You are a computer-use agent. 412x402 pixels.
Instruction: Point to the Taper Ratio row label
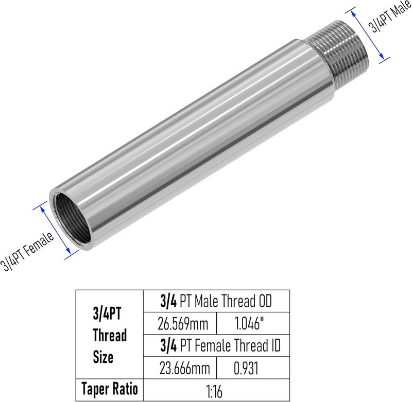click(110, 389)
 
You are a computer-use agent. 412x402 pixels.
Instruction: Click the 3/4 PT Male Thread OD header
click(216, 301)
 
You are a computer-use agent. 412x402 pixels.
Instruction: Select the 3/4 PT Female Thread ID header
click(220, 345)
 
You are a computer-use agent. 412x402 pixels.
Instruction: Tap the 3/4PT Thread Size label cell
click(110, 334)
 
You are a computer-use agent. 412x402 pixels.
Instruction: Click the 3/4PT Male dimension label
click(390, 17)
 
